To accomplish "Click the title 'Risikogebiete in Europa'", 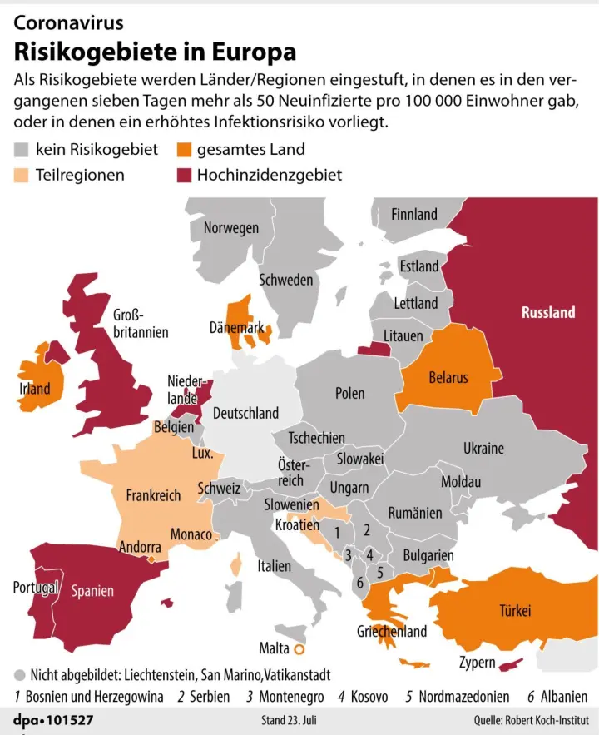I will pos(155,52).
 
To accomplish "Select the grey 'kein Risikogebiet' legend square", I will pos(22,150).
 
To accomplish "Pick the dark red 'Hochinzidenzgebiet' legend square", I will pos(184,175).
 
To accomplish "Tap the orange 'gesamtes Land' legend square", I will pos(184,150).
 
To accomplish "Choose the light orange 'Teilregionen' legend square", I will pos(22,175).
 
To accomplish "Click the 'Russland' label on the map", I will pos(547,312).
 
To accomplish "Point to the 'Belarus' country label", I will pos(448,378).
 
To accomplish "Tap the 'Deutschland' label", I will pos(245,413).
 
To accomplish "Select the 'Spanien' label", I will pos(92,592).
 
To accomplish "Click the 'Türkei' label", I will pos(515,611).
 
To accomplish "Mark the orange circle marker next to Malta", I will pos(299,648).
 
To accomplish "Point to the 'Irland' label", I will pos(35,389).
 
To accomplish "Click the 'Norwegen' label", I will pos(231,227).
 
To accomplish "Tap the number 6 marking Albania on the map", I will pos(360,584).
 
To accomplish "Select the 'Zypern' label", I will pos(478,663).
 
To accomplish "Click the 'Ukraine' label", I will pos(483,448).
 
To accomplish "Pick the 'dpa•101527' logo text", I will pos(53,718).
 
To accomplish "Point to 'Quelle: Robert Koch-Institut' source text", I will pos(530,718).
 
